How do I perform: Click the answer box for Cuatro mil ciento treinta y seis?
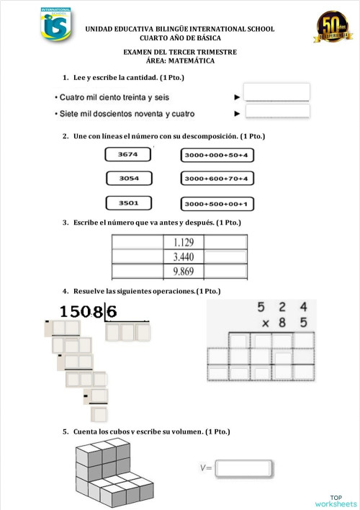[277, 92]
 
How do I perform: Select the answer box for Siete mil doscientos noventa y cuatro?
[277, 111]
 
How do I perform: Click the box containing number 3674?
[128, 154]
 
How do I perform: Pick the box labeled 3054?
[128, 178]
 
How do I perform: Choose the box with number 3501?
[128, 203]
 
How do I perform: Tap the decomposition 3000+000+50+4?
[215, 155]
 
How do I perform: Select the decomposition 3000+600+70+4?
[215, 178]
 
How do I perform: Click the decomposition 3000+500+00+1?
[215, 204]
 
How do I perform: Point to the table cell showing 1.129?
[188, 243]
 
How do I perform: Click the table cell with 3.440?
[188, 256]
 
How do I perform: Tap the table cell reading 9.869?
[188, 272]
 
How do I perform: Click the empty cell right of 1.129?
[225, 243]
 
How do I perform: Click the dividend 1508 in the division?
[81, 312]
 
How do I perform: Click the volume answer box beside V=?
[243, 468]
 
